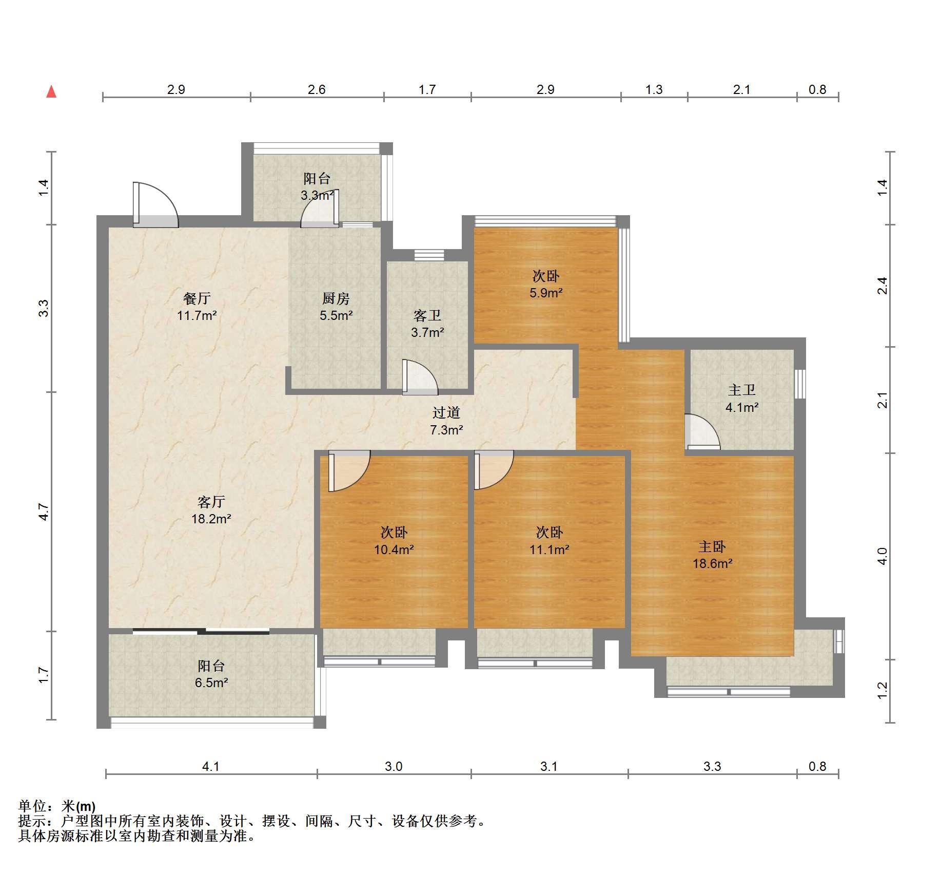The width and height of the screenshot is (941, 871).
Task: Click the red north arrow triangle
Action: [51, 92]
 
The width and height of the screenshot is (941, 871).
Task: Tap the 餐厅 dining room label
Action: [197, 298]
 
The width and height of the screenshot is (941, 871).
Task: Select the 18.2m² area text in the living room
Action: [211, 519]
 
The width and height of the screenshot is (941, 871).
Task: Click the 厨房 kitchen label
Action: [336, 298]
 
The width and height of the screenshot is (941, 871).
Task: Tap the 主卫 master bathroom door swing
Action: [702, 432]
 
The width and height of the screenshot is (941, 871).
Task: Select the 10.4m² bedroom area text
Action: [394, 550]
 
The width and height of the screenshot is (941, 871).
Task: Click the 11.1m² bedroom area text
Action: [550, 550]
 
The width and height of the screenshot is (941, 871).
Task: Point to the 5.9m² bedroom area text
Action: [546, 293]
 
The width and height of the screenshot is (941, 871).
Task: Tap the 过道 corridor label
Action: [446, 412]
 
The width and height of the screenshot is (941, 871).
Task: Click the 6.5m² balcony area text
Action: [211, 683]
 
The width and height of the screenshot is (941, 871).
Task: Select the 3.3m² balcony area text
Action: [317, 195]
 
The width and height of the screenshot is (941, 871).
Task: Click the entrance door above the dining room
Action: [155, 205]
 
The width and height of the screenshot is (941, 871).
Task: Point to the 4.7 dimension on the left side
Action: [44, 512]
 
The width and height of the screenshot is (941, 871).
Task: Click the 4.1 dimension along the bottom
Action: [211, 767]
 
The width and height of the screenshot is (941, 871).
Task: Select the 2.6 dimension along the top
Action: [317, 90]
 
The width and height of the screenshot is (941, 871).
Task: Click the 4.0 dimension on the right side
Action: [882, 556]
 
